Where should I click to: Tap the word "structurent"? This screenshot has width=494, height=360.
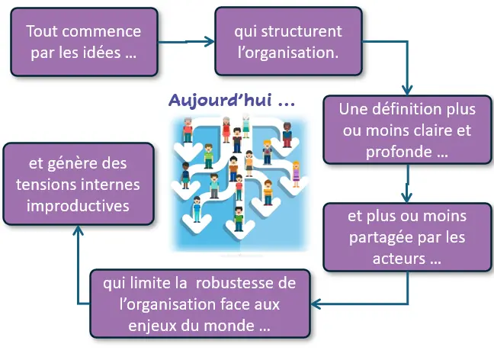point(301,31)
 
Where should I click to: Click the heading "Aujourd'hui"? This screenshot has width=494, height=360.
point(220,100)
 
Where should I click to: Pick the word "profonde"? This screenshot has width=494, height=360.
point(399,152)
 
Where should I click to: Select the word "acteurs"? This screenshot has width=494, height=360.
point(399,259)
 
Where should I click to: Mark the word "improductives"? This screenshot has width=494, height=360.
point(78,206)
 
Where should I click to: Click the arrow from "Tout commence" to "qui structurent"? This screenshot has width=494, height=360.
point(186,42)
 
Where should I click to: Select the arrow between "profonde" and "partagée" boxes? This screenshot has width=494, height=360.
point(407,184)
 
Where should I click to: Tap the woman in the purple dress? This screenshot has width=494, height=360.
point(296,175)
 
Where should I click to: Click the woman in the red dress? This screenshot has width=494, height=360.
point(226,130)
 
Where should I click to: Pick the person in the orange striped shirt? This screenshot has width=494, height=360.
point(268,192)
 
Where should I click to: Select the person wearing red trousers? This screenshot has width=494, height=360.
point(287,135)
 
